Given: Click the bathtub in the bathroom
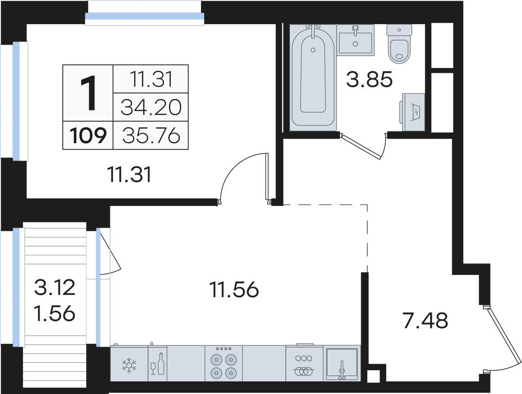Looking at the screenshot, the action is [313, 77].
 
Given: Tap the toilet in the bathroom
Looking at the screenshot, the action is [400, 43].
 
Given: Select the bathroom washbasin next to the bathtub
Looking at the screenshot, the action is [356, 39].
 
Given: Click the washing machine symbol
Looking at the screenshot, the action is [413, 112].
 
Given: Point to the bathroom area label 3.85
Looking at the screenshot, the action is [370, 80].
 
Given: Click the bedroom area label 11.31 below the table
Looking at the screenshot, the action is [130, 175].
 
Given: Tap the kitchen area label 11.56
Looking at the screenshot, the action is [234, 289].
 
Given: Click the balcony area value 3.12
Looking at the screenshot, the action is [55, 287].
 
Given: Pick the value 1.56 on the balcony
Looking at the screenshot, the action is [55, 313].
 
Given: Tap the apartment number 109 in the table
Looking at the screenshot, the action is [88, 136].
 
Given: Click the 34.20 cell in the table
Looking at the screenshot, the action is [151, 107].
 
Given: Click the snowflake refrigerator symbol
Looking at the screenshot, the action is [129, 364].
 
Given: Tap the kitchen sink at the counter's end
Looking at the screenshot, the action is [342, 364].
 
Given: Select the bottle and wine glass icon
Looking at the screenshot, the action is [158, 364].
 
